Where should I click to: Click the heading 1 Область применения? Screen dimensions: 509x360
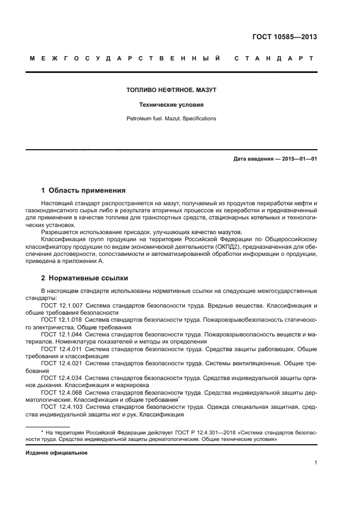(x=83, y=191)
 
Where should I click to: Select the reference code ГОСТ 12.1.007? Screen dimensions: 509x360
(x=62, y=306)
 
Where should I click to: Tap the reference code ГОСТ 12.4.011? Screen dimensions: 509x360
(x=62, y=348)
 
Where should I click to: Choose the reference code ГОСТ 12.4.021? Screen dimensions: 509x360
(x=62, y=363)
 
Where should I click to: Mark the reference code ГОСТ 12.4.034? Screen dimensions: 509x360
(x=62, y=377)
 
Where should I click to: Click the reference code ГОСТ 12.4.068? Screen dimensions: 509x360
(x=62, y=391)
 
